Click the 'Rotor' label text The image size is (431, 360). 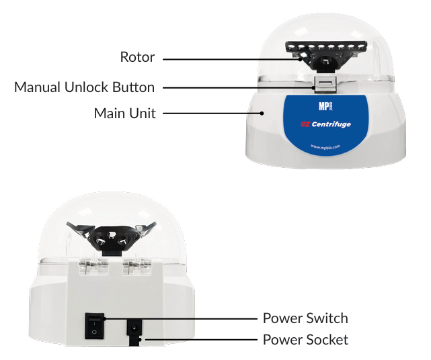[x=137, y=57]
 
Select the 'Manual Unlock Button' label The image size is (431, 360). [x=85, y=87]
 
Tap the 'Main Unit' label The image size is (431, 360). [x=125, y=113]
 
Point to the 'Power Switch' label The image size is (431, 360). [x=305, y=318]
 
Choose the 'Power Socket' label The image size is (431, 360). [x=305, y=339]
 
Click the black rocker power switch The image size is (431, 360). [x=94, y=326]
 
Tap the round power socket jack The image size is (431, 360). [x=134, y=328]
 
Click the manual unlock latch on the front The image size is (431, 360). [x=325, y=85]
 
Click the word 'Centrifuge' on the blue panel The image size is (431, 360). [x=331, y=124]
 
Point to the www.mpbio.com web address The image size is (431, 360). [x=325, y=147]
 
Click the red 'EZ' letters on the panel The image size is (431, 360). [x=305, y=124]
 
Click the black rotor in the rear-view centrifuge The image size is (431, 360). [x=112, y=236]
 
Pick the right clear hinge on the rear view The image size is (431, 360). [x=137, y=267]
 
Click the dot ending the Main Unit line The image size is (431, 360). [x=262, y=113]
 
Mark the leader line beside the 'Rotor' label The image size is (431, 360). [x=233, y=58]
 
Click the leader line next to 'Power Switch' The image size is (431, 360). [x=181, y=318]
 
